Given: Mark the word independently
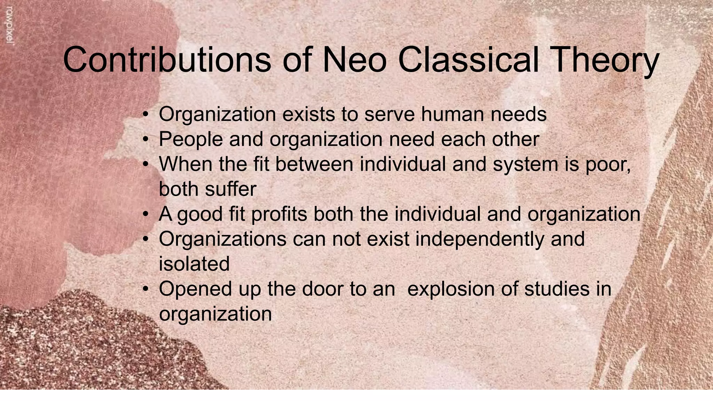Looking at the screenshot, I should tap(480, 239).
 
